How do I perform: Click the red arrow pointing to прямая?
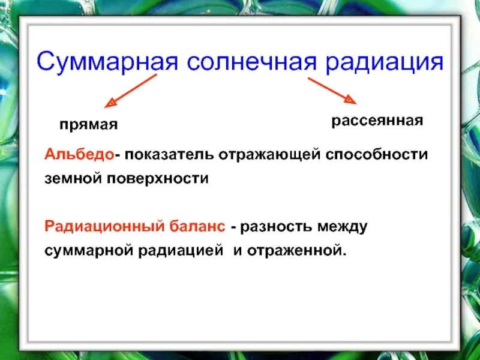tap(130, 91)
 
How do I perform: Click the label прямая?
tap(88, 125)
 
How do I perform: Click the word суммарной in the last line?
tap(88, 250)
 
